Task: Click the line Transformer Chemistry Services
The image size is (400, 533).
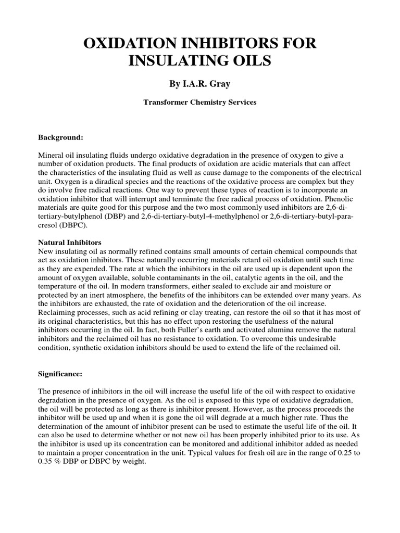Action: [199, 103]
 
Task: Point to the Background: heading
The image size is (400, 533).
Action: [60, 138]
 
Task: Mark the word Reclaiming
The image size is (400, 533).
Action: [57, 313]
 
